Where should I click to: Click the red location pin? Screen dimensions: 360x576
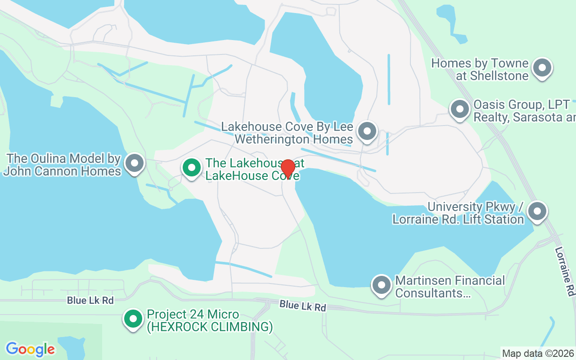(288, 169)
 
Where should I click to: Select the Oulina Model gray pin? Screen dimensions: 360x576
(134, 163)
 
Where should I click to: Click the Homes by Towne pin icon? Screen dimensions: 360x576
(542, 68)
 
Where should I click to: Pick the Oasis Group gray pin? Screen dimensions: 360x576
(460, 109)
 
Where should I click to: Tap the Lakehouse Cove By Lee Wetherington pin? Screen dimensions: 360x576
(367, 131)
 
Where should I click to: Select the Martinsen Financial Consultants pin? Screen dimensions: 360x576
(382, 285)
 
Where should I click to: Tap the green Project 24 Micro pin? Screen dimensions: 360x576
(133, 319)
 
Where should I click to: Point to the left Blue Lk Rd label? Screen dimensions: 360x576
(90, 300)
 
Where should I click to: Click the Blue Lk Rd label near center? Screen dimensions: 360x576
(302, 306)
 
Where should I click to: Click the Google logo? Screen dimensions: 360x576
(31, 349)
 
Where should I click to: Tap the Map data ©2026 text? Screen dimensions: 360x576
(538, 353)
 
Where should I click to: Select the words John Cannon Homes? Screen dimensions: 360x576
(62, 171)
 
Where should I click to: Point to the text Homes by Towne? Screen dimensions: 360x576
(480, 63)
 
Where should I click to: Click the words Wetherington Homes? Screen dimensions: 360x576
(294, 139)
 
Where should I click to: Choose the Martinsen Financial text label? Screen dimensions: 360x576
(450, 281)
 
